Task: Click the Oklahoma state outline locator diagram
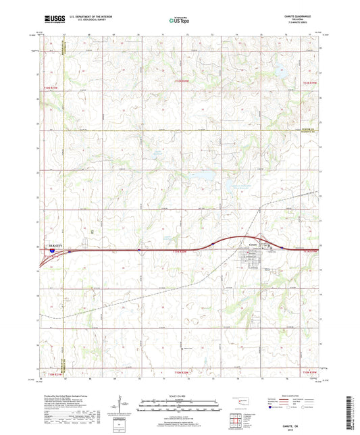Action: [x=238, y=401]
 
